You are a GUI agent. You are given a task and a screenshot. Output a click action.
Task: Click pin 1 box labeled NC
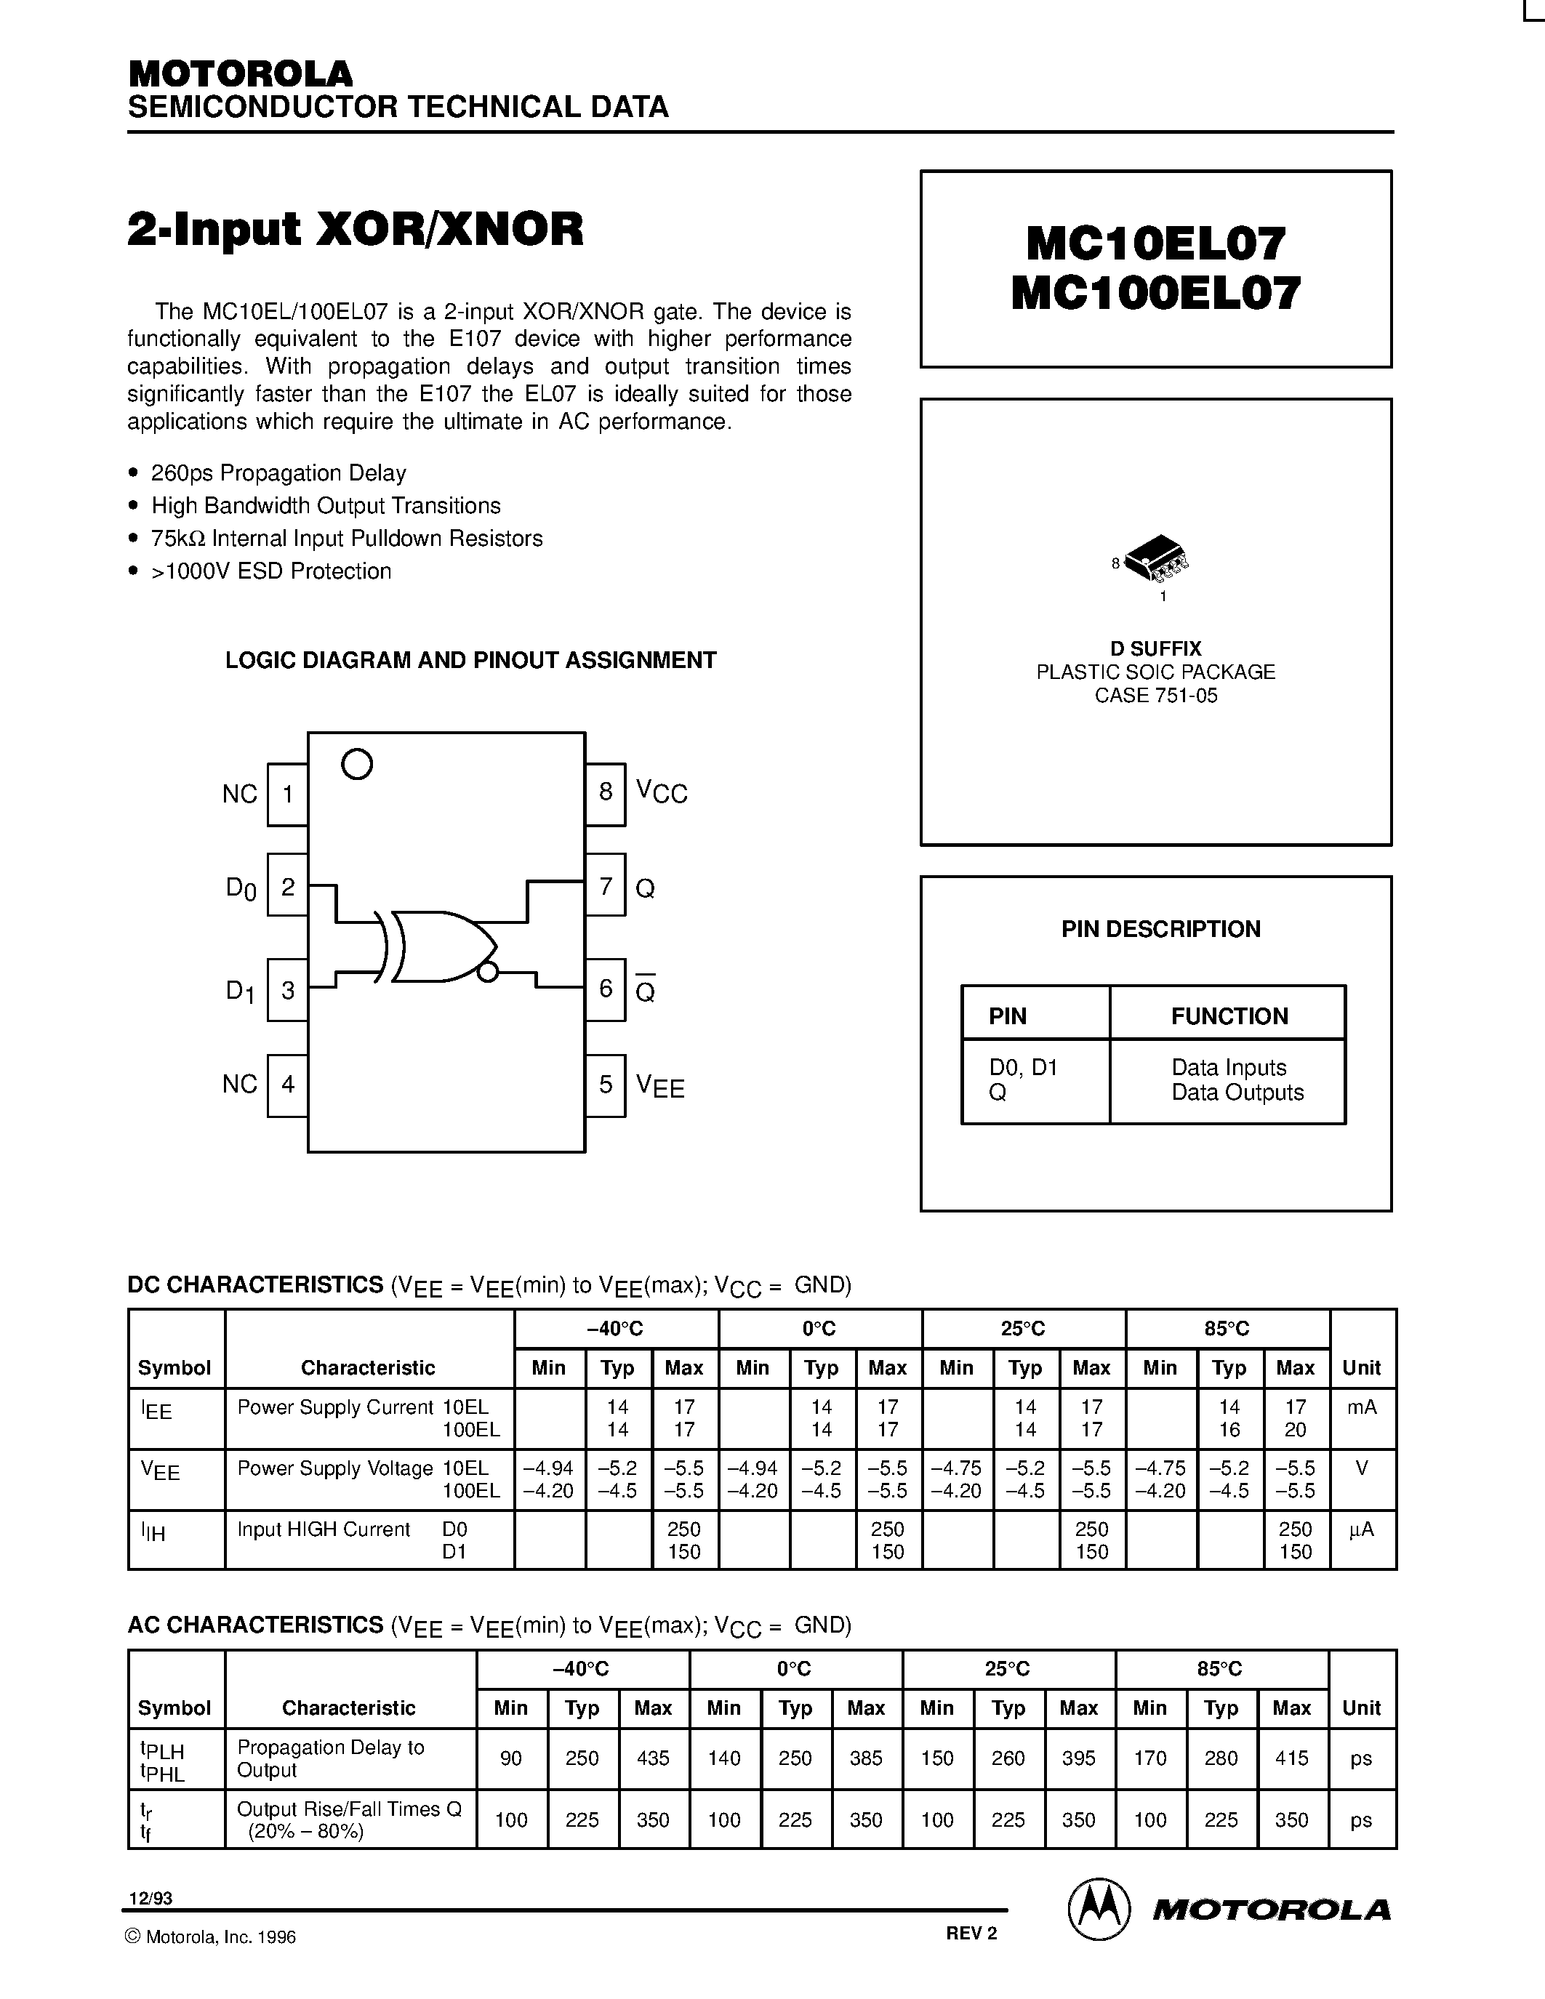pyautogui.click(x=287, y=795)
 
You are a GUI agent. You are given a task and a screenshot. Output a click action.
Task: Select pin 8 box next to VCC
pyautogui.click(x=605, y=792)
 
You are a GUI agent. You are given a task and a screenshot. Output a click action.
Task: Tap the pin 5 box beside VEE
pyautogui.click(x=605, y=1085)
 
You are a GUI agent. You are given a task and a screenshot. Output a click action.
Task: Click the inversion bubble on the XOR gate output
pyautogui.click(x=488, y=972)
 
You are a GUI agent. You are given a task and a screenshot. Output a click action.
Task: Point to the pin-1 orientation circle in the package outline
pyautogui.click(x=357, y=763)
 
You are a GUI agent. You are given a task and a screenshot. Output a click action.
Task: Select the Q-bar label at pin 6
pyautogui.click(x=646, y=990)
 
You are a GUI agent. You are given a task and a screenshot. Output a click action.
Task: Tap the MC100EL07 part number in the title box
pyautogui.click(x=1155, y=294)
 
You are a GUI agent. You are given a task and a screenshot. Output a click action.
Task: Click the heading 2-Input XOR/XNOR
pyautogui.click(x=355, y=229)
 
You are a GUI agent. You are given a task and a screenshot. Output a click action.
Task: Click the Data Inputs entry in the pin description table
pyautogui.click(x=1228, y=1067)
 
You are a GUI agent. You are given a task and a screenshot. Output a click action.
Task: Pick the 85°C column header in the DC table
pyautogui.click(x=1227, y=1328)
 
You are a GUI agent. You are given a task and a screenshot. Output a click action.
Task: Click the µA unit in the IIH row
pyautogui.click(x=1361, y=1529)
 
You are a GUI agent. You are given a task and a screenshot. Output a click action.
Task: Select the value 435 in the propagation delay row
pyautogui.click(x=653, y=1758)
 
